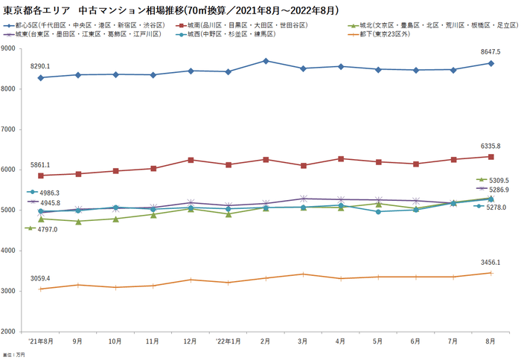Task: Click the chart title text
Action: (170, 10)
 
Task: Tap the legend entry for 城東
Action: (86, 34)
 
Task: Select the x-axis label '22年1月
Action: (228, 341)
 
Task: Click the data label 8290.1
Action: (40, 67)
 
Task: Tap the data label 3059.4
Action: (40, 278)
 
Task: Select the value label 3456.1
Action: (489, 263)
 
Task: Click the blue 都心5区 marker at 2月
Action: (266, 61)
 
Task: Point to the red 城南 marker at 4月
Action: (340, 158)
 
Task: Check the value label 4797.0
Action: (46, 229)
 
